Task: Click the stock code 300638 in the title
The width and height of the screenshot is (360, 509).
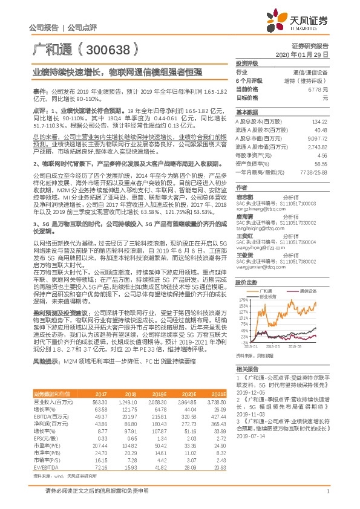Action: [x=106, y=48]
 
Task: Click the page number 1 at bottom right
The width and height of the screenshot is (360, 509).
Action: [x=327, y=491]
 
